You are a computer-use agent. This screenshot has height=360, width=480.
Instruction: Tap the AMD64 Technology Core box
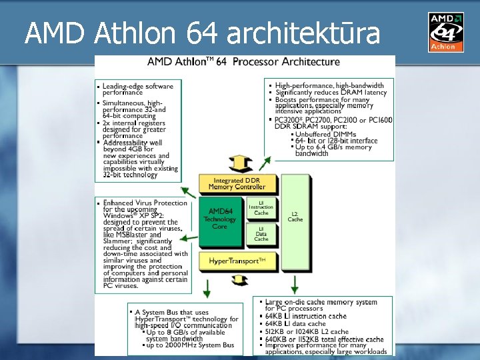(x=220, y=219)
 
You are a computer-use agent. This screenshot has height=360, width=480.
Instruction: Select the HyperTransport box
(x=237, y=261)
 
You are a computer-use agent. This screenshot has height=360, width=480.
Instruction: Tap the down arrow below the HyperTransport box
(x=207, y=288)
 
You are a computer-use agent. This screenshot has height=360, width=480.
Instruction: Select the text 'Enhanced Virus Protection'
(x=145, y=203)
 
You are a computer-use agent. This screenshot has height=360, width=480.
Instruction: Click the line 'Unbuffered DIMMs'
(x=325, y=134)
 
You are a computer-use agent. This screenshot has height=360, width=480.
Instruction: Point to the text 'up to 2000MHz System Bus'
(x=190, y=345)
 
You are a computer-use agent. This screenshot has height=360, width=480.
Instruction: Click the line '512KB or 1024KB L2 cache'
(x=307, y=331)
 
